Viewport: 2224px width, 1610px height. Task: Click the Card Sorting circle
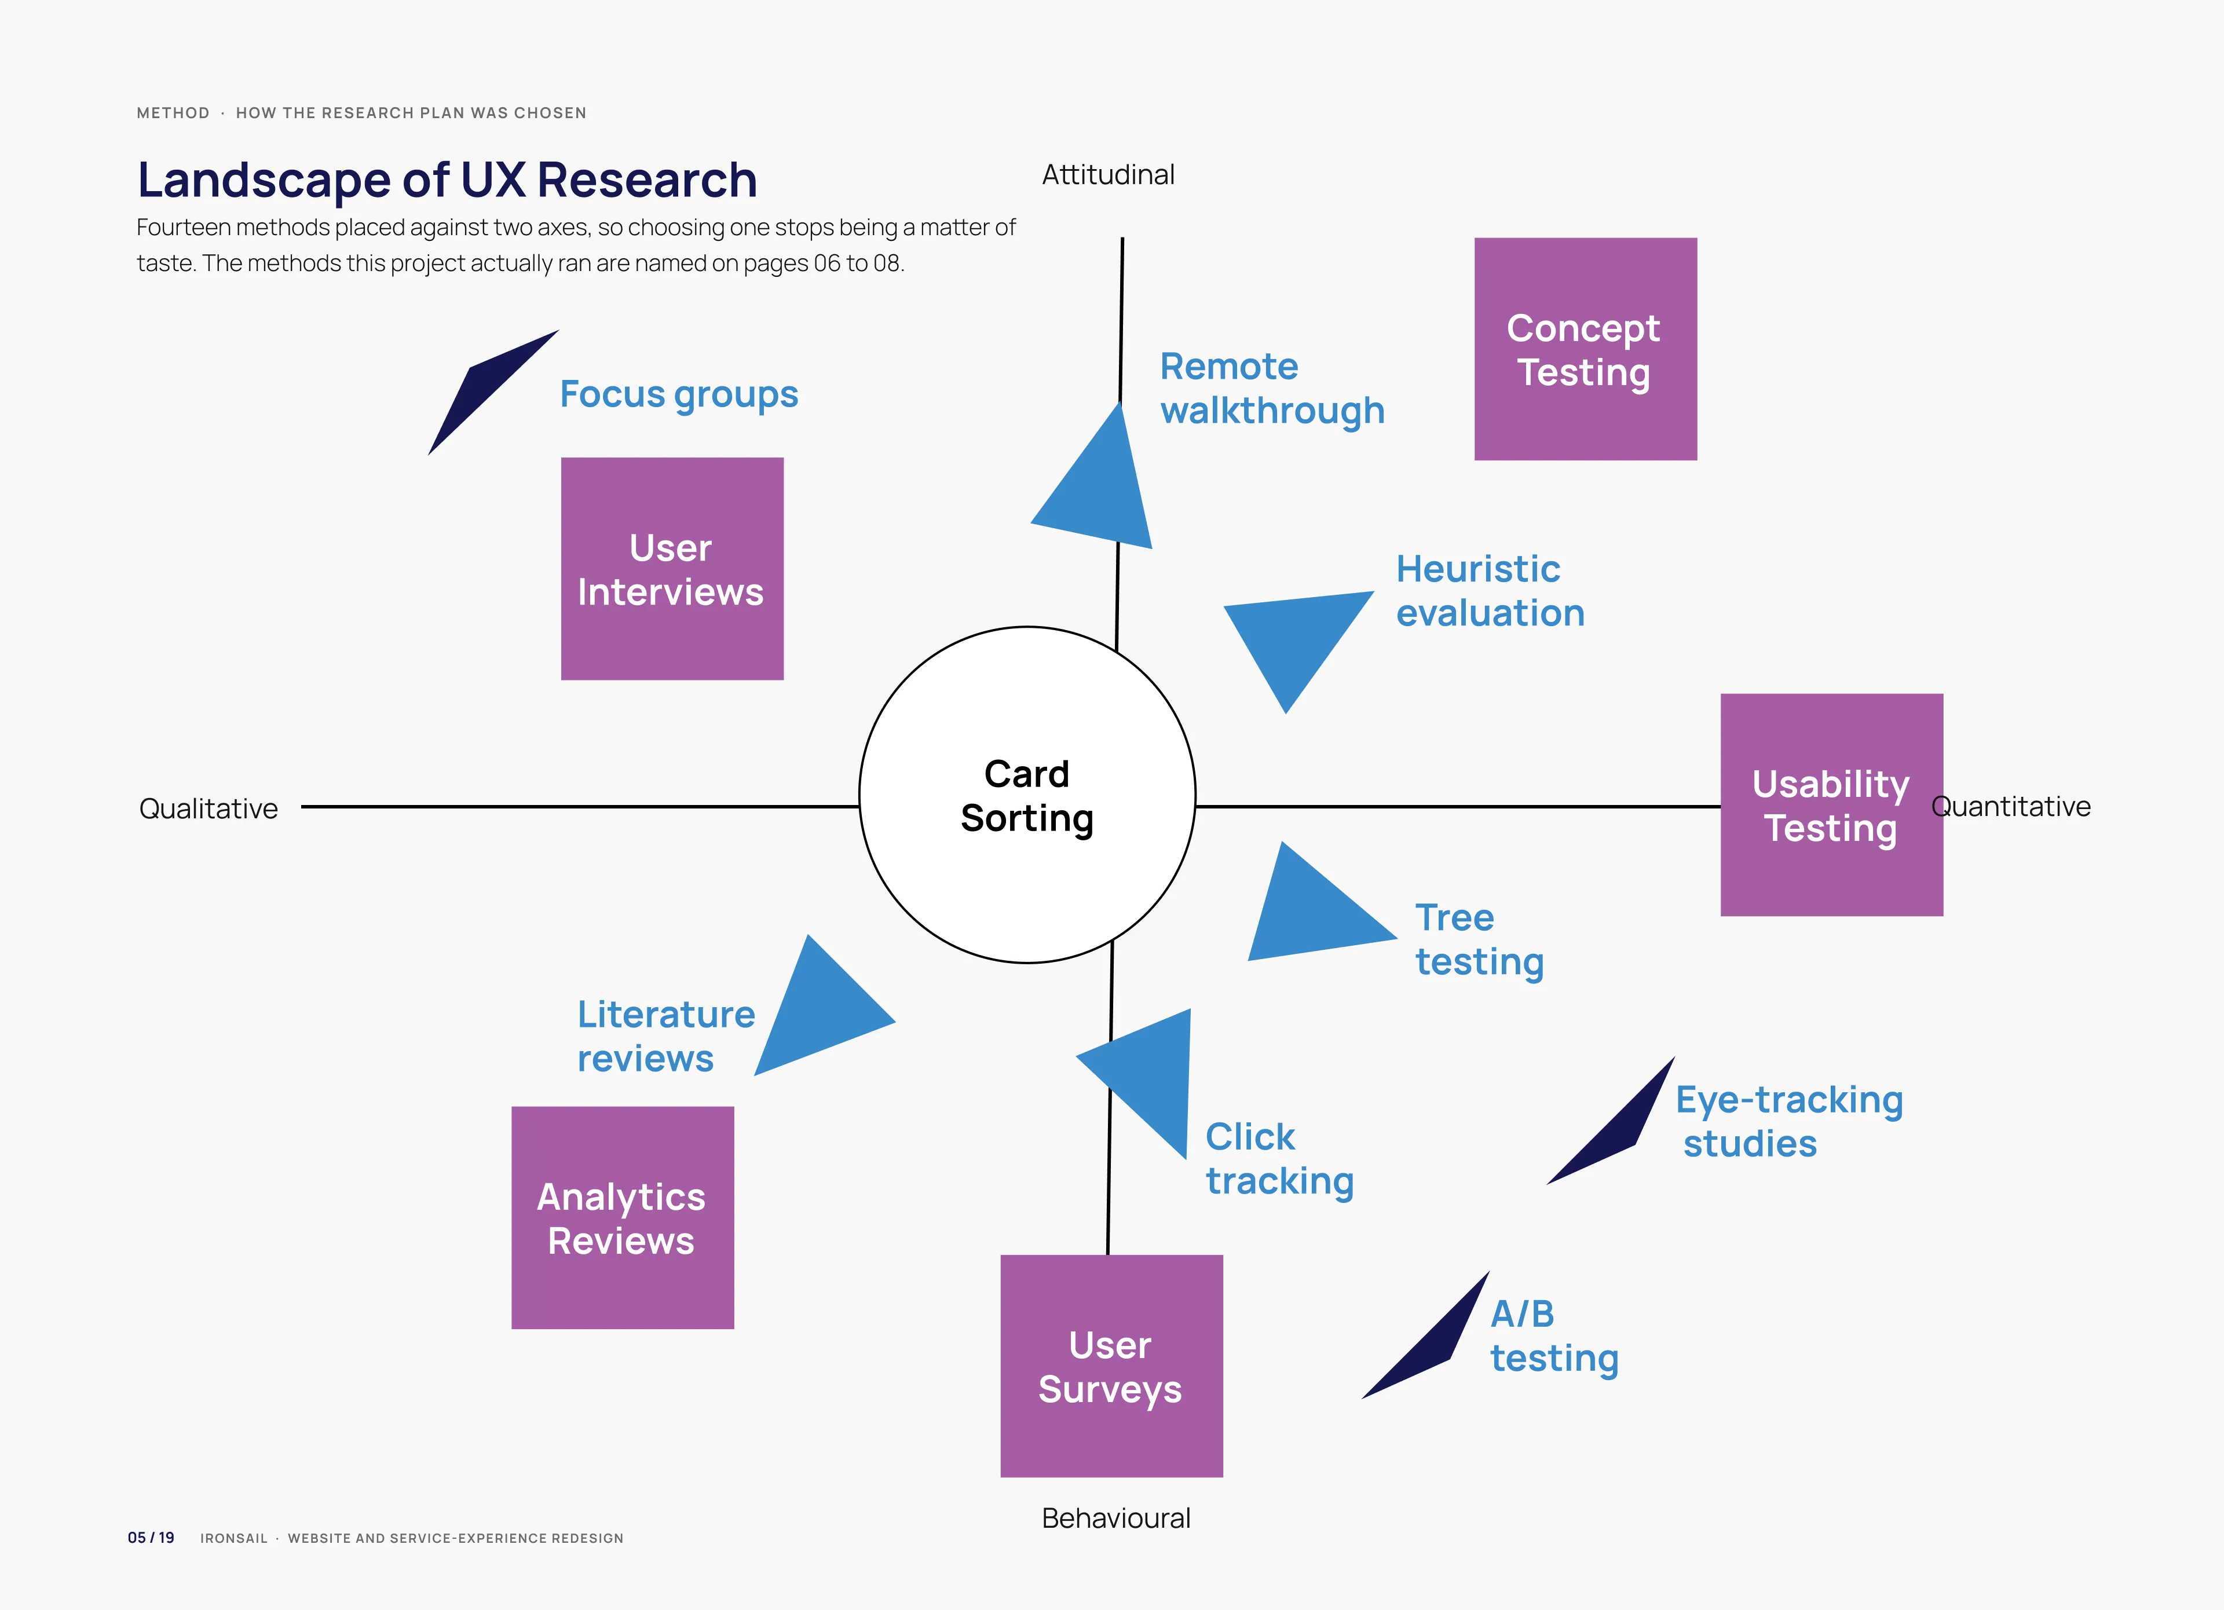coord(1027,794)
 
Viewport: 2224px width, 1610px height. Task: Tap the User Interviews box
coord(672,569)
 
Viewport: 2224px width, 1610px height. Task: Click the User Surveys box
coord(1111,1366)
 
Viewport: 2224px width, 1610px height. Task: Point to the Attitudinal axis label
coord(1108,174)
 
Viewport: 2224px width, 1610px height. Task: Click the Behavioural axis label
coord(1116,1518)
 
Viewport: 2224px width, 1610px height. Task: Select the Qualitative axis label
coord(208,809)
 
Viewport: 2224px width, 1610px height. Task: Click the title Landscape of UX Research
coord(447,181)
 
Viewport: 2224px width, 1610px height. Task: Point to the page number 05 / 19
coord(151,1538)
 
